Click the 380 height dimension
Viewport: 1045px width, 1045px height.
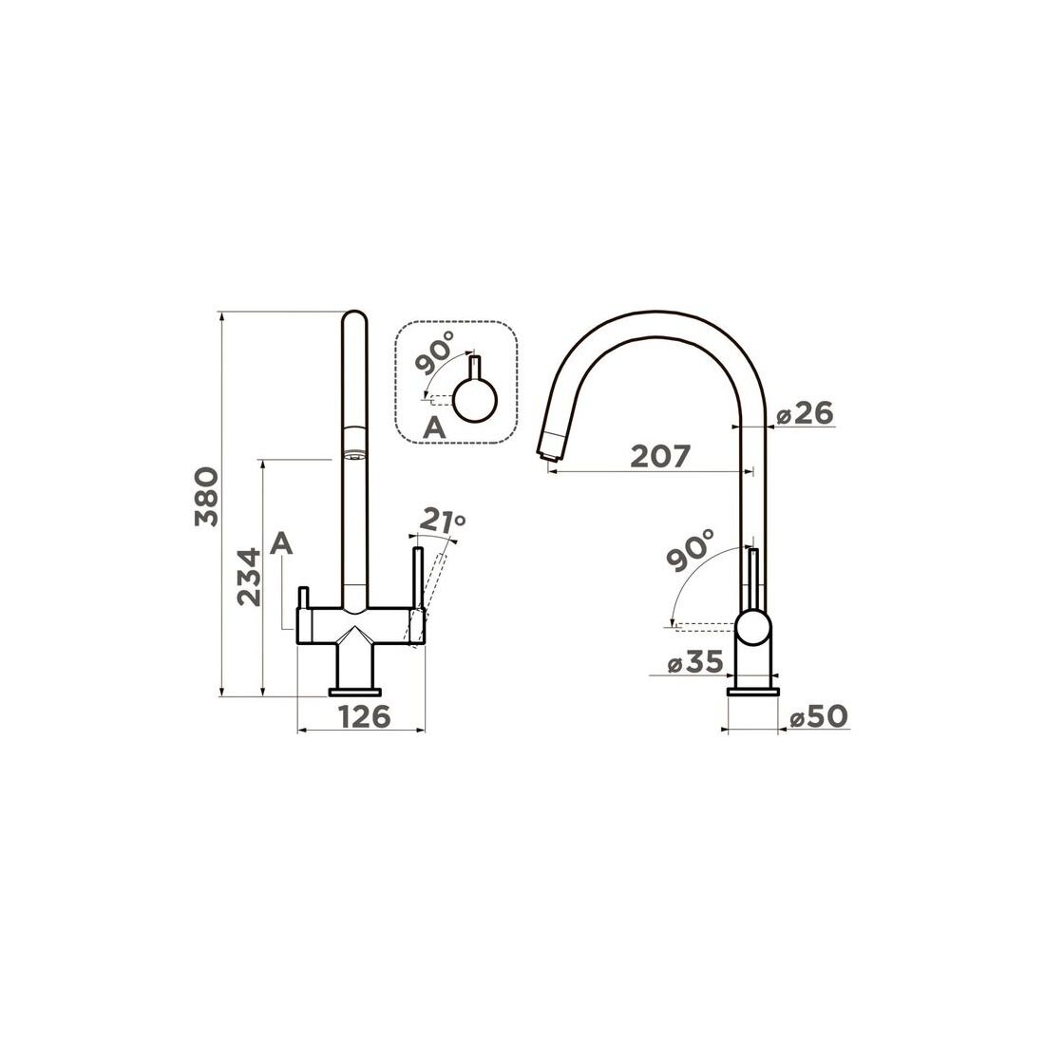click(x=206, y=497)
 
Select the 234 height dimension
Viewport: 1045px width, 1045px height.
click(x=250, y=578)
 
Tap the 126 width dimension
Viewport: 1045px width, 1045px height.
click(x=365, y=717)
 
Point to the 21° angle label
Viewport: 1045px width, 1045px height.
click(x=442, y=522)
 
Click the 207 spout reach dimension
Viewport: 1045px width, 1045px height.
click(x=660, y=457)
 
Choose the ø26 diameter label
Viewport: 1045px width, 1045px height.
click(x=805, y=414)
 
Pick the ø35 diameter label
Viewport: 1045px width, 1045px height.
click(x=695, y=662)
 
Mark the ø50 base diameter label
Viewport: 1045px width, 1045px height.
click(x=819, y=717)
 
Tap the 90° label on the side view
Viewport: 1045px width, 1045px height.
click(x=689, y=550)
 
